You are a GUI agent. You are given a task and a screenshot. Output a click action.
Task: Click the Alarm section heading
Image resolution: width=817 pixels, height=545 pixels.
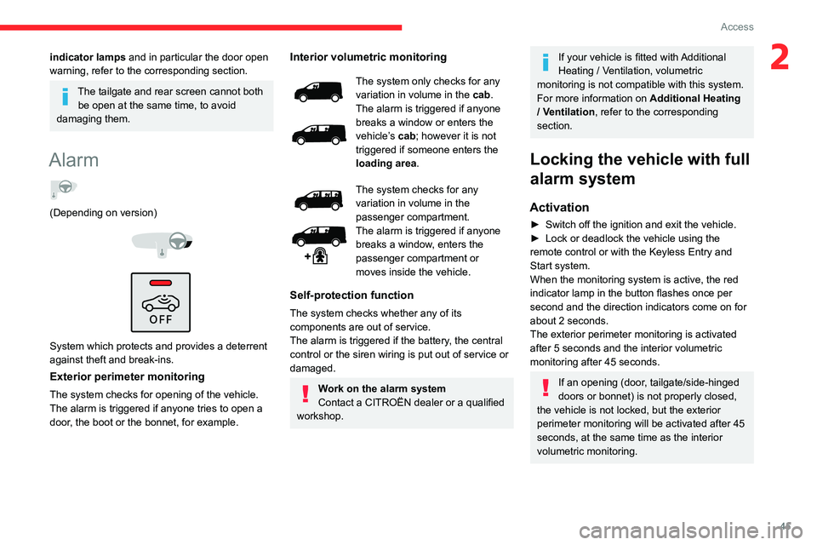point(74,160)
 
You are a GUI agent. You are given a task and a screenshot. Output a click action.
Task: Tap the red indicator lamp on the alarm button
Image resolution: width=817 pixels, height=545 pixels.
point(160,283)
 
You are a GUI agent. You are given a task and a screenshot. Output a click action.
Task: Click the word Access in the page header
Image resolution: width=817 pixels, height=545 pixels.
point(737,27)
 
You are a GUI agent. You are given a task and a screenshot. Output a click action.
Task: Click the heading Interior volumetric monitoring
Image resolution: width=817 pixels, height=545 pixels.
point(369,57)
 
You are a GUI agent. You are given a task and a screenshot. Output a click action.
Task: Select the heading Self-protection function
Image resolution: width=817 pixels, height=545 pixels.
point(352,295)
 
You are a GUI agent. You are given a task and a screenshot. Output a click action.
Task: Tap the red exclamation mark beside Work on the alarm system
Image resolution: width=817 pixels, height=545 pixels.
point(305,394)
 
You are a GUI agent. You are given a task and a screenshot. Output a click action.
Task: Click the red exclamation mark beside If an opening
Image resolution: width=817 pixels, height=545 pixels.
point(545,388)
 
